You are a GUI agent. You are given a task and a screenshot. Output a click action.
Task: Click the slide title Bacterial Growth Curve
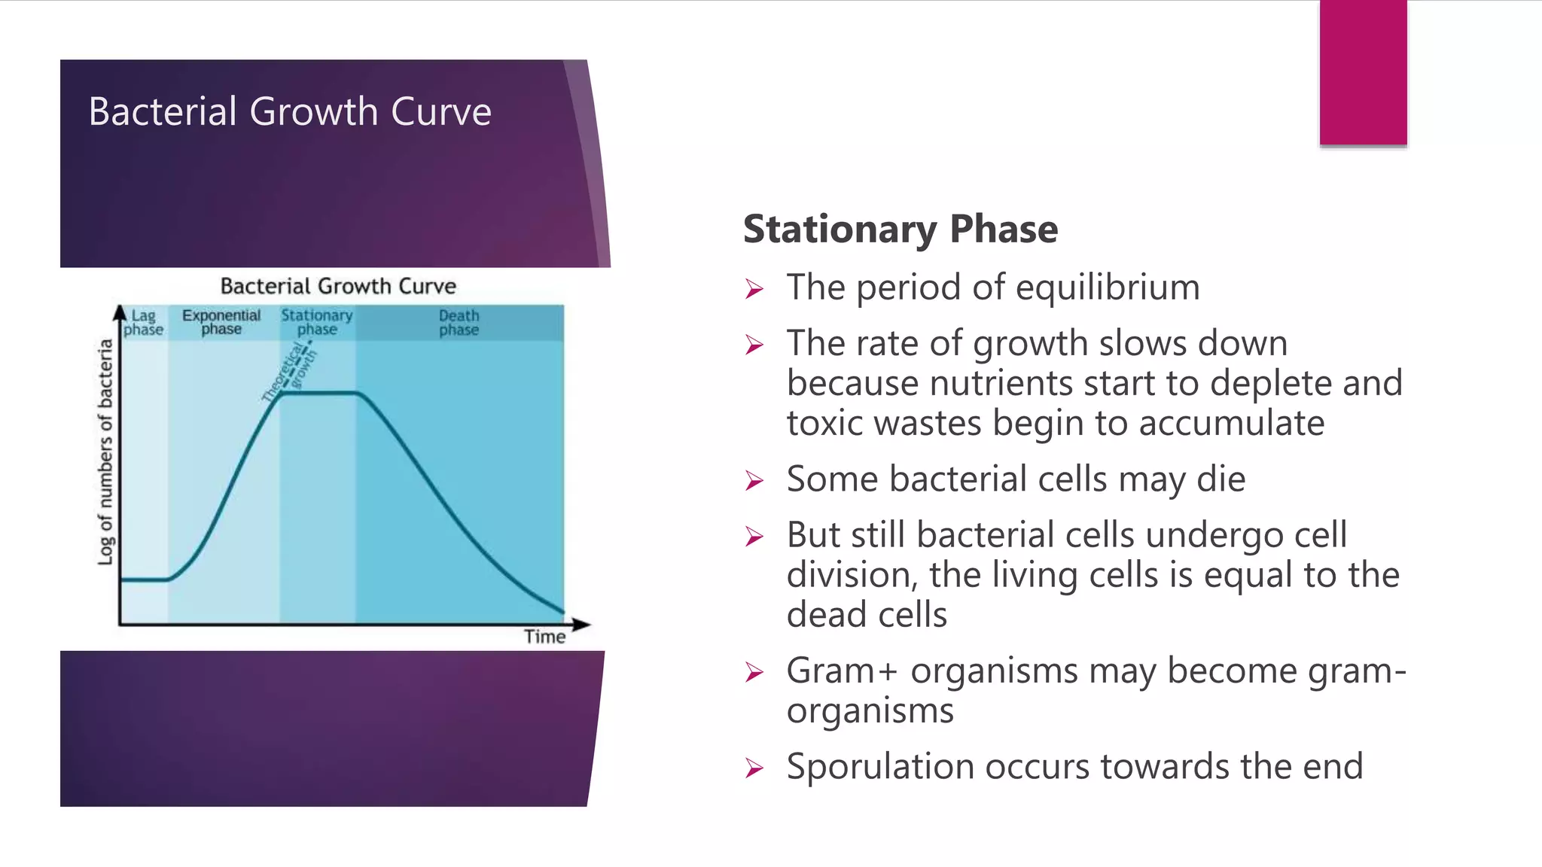(x=290, y=111)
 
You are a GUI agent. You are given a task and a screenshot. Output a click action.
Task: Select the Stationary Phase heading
(x=900, y=229)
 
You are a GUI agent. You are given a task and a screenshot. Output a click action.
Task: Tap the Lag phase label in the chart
(x=143, y=322)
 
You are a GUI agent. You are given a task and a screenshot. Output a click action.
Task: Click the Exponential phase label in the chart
(x=221, y=322)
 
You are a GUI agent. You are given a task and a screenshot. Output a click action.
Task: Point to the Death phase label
(x=459, y=322)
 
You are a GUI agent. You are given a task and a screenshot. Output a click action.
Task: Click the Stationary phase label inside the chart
(x=317, y=322)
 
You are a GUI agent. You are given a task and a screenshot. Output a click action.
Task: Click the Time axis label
(x=544, y=637)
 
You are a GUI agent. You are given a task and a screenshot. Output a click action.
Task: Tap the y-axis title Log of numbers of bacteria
(x=105, y=452)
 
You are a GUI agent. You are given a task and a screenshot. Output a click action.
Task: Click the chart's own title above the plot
(x=338, y=286)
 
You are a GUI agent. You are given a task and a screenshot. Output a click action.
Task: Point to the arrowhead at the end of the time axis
(x=581, y=624)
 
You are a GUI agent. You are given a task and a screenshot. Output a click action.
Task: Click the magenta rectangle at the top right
(x=1363, y=72)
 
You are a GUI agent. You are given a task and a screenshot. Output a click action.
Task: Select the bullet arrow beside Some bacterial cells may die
(x=754, y=480)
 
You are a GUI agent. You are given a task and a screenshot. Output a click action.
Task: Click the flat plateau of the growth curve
(x=318, y=393)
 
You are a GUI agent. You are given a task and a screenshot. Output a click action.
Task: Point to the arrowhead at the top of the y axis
(x=120, y=311)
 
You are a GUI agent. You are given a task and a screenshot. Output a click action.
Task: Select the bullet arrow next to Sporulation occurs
(x=754, y=768)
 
